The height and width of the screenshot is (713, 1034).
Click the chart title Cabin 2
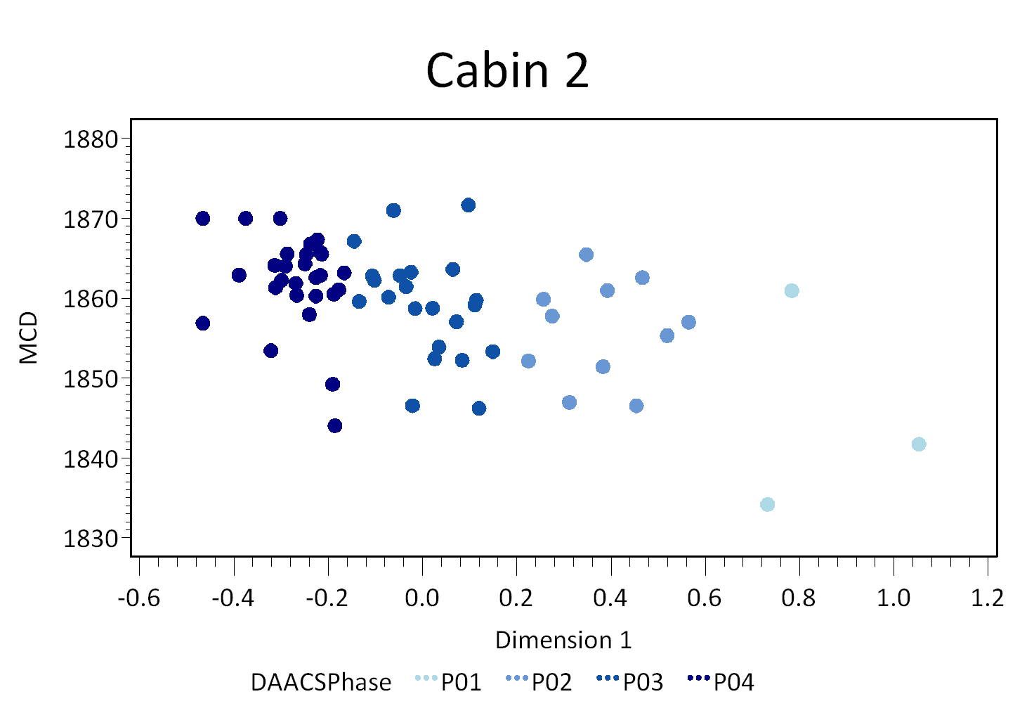pyautogui.click(x=507, y=70)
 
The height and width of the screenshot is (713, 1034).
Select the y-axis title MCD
pyautogui.click(x=29, y=338)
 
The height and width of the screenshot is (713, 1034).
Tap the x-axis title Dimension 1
pyautogui.click(x=563, y=640)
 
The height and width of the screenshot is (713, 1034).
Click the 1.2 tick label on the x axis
pyautogui.click(x=988, y=598)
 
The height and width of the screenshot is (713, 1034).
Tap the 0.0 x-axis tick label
pyautogui.click(x=421, y=598)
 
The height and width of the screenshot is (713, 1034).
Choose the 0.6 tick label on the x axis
pyautogui.click(x=705, y=598)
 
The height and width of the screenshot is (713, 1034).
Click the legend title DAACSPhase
pyautogui.click(x=321, y=682)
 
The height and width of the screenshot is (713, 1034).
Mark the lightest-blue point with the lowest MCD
pyautogui.click(x=767, y=504)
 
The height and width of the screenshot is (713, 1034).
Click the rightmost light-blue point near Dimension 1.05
pyautogui.click(x=918, y=444)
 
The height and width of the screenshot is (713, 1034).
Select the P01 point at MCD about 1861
pyautogui.click(x=792, y=291)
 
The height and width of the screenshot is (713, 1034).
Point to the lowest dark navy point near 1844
pyautogui.click(x=335, y=425)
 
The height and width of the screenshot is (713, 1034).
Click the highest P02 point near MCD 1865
pyautogui.click(x=586, y=255)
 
